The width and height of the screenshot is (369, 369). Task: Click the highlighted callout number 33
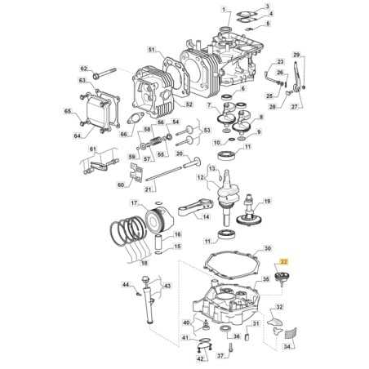pos(283,260)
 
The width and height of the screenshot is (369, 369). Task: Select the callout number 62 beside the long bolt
pos(83,68)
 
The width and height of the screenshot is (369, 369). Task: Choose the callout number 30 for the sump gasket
pos(267,248)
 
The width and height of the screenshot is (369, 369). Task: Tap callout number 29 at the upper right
pos(297,55)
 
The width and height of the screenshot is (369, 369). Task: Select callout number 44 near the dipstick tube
pos(126,285)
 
